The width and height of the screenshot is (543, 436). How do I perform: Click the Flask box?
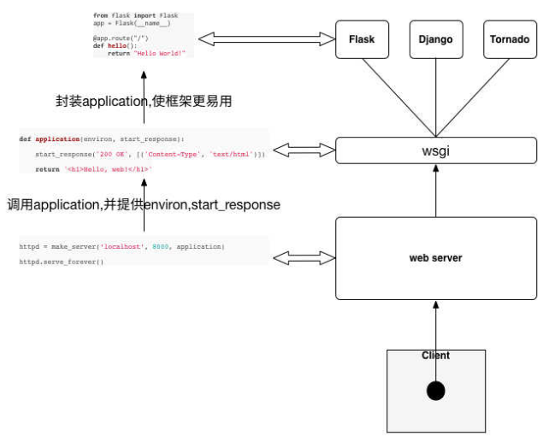(362, 39)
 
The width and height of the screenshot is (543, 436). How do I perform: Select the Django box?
(436, 39)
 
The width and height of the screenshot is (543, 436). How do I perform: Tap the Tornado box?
(510, 39)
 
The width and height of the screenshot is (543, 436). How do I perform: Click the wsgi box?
(436, 150)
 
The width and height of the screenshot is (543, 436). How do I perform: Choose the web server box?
(436, 258)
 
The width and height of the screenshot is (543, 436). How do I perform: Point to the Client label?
(436, 356)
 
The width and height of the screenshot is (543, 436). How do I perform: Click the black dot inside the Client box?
(436, 392)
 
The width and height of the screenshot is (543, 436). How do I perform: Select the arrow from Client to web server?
(436, 329)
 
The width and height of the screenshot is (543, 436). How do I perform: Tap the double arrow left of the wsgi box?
(304, 150)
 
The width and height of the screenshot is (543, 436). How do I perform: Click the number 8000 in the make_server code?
(160, 246)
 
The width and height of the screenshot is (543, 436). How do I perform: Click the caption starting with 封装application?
(143, 101)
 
